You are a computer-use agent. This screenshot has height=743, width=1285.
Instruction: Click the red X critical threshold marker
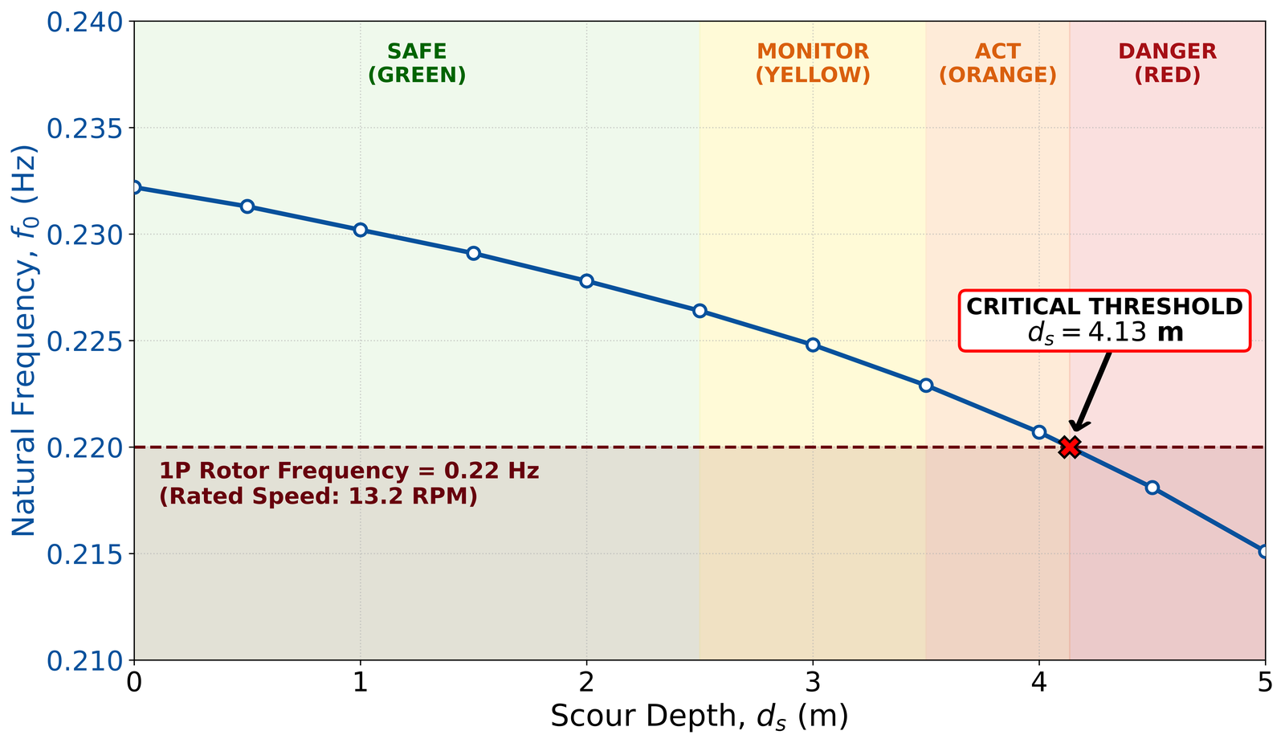(x=1069, y=447)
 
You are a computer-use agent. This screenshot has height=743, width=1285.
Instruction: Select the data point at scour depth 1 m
(x=361, y=230)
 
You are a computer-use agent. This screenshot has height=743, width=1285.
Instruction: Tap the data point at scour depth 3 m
(x=813, y=345)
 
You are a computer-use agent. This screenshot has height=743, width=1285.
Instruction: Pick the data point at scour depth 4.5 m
(x=1152, y=488)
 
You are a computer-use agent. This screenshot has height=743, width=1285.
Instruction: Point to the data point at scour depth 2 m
(x=586, y=281)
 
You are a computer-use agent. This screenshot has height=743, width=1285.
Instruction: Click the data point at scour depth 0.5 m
(x=247, y=206)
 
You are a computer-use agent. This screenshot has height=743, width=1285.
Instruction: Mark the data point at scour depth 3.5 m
(x=926, y=386)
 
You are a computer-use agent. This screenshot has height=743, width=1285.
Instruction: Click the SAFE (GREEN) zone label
(x=417, y=63)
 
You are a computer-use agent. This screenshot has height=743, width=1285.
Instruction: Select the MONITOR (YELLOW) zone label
(x=813, y=63)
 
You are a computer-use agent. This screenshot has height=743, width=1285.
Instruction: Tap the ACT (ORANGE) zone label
(x=997, y=63)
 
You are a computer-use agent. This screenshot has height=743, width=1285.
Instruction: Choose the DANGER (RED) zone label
(x=1167, y=63)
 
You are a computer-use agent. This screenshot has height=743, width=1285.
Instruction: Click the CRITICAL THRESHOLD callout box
(x=1105, y=320)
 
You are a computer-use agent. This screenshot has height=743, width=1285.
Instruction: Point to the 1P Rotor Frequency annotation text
(x=349, y=484)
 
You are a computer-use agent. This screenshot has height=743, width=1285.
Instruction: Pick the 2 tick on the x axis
(x=586, y=683)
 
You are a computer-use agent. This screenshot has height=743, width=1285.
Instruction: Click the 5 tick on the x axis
(x=1265, y=683)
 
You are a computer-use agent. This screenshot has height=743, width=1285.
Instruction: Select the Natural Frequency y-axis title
(x=25, y=341)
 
